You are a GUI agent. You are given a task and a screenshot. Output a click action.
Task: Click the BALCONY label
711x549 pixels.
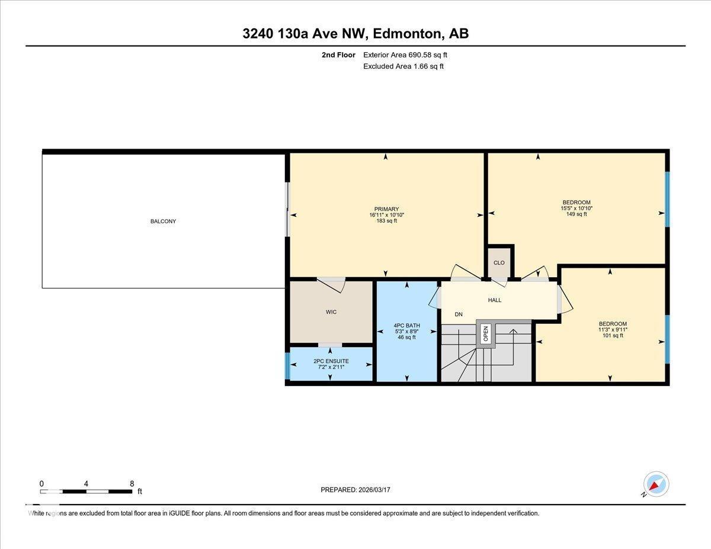point(163,221)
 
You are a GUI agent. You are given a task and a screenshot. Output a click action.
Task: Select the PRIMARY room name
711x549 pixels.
point(386,209)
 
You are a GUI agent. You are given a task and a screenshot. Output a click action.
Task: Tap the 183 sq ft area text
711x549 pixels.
point(386,221)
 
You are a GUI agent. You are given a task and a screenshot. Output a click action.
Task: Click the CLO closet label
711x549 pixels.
point(499,263)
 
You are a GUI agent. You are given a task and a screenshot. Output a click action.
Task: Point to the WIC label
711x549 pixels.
point(331,312)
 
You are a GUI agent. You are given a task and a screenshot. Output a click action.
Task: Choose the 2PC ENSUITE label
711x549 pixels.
point(331,361)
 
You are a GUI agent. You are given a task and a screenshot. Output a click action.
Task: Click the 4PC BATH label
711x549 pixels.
point(406,325)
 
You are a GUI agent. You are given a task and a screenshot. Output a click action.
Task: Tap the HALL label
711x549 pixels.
point(495,300)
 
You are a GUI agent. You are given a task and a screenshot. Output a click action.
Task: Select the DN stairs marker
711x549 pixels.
point(459,314)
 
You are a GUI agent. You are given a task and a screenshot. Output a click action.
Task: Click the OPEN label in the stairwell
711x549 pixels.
point(485,334)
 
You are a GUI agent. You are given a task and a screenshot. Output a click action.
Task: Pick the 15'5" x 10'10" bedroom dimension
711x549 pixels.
point(577,208)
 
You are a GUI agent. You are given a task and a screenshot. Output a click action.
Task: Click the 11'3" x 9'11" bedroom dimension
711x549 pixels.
point(613,330)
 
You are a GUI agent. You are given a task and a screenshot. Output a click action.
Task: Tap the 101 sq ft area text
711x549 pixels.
point(613,336)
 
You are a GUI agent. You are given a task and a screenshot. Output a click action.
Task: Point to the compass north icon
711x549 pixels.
point(655,484)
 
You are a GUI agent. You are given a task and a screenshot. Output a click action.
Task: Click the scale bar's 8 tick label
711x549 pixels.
point(132,483)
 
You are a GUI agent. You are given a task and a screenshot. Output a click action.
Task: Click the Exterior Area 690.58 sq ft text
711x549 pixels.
point(405,55)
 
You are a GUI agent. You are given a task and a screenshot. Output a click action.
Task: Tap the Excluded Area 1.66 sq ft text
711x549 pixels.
point(403,66)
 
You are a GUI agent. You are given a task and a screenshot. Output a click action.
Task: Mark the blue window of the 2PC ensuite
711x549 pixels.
point(288,365)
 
